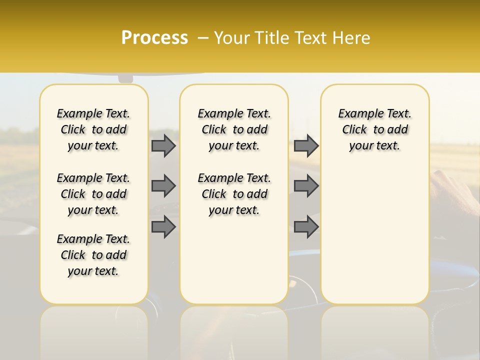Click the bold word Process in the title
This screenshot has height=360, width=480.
[x=154, y=38]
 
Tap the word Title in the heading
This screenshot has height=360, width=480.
[x=270, y=38]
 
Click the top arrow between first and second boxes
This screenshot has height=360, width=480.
[x=163, y=145]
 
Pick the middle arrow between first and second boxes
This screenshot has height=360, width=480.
[x=163, y=186]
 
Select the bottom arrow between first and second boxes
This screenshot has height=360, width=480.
[x=163, y=226]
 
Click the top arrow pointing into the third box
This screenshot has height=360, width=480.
[x=306, y=145]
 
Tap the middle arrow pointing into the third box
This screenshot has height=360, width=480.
[x=306, y=186]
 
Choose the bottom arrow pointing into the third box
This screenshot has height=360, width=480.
[x=306, y=226]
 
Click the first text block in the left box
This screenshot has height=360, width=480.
[x=93, y=129]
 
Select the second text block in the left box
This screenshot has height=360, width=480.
[x=93, y=194]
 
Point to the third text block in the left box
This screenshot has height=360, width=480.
[x=93, y=255]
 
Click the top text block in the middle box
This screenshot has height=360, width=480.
[x=234, y=129]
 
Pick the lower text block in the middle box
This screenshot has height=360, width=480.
[x=234, y=194]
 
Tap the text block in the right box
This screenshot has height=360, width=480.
[x=374, y=129]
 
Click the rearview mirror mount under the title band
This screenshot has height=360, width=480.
[x=125, y=78]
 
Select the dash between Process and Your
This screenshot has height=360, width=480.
[x=202, y=38]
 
